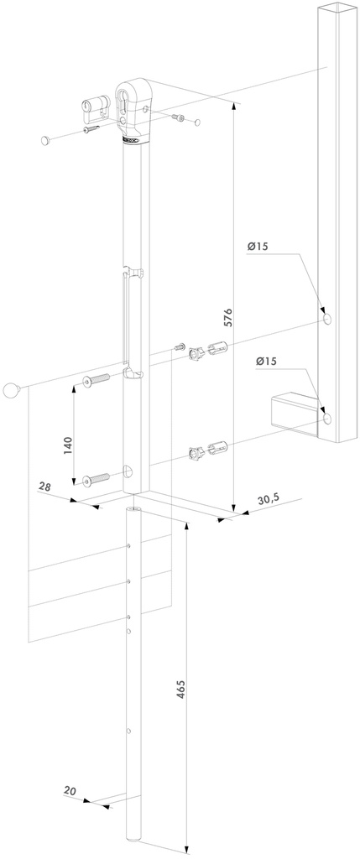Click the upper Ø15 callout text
[x=258, y=247]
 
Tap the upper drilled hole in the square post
[x=326, y=319]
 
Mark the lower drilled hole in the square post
[x=326, y=417]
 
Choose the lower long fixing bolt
[x=97, y=480]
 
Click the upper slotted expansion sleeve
[x=216, y=346]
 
